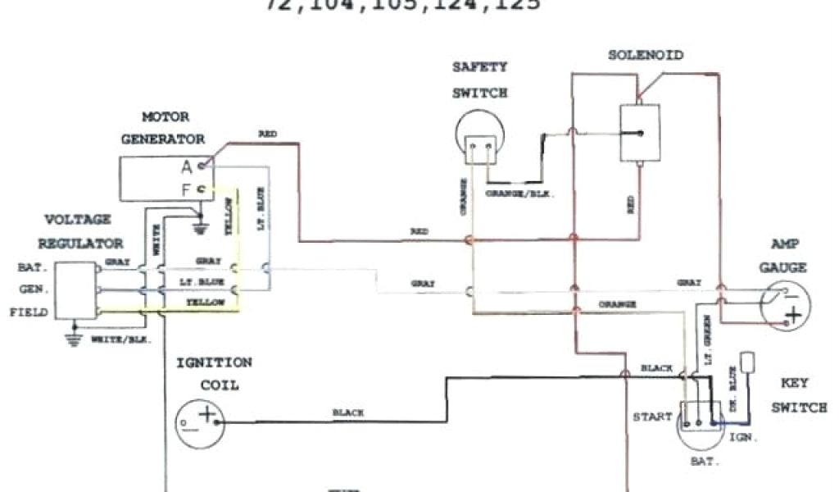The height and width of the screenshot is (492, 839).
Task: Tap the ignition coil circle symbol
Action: pos(199,423)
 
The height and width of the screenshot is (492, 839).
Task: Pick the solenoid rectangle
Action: pos(641,132)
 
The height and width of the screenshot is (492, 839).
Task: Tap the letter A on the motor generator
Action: pos(187,166)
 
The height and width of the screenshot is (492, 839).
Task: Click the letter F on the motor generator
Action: pos(187,191)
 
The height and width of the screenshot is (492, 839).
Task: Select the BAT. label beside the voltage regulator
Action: pos(32,267)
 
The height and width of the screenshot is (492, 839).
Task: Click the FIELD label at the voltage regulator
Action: pos(29,312)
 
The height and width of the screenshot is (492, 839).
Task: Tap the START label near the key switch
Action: pos(652,417)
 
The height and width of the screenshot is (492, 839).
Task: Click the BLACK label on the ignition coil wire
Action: pos(348,412)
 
